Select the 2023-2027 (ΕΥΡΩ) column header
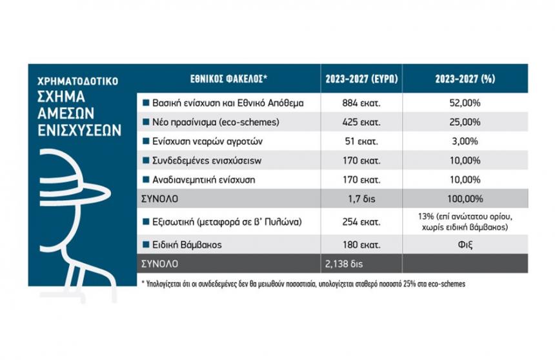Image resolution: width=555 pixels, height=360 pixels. [x=361, y=79]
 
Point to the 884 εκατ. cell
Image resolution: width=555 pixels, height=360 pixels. [x=361, y=103]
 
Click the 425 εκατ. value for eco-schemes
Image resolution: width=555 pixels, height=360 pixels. [x=361, y=121]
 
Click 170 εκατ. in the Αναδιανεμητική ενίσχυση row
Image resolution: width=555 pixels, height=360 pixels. [x=361, y=179]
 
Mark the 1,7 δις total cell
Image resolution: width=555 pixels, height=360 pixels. [x=361, y=197]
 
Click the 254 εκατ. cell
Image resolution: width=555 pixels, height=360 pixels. [x=361, y=223]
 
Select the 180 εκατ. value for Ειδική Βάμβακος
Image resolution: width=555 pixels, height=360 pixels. [x=361, y=245]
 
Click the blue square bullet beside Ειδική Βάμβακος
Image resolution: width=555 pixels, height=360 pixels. [x=146, y=245]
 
